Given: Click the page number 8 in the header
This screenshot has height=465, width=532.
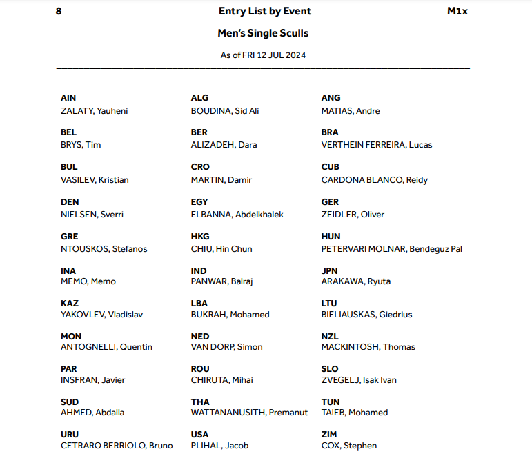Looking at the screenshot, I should tap(59, 11).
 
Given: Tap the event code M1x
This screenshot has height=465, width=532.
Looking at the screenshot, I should tap(457, 11).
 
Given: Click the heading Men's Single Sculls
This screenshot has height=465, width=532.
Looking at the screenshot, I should tap(263, 33).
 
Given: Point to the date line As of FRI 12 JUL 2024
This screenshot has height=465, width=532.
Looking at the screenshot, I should tap(263, 55).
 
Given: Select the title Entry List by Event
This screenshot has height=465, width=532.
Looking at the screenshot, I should tap(264, 11).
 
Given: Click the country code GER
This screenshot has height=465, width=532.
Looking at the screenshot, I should tap(330, 201).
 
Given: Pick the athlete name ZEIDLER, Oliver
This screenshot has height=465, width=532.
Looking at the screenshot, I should tap(353, 214).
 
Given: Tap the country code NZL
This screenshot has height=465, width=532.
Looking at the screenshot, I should tap(330, 336).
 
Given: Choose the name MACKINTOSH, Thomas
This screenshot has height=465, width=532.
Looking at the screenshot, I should tap(368, 347).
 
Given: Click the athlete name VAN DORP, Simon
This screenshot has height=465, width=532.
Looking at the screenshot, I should tap(226, 347).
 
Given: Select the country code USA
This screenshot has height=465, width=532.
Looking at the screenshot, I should tap(199, 435).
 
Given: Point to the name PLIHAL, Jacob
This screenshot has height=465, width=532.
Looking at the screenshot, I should tap(219, 446).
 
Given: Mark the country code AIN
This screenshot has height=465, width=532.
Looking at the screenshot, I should tap(68, 98).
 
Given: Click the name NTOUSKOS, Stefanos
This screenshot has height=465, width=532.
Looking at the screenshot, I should tap(104, 248).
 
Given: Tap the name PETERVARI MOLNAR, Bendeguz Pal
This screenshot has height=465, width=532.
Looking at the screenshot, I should tap(391, 248).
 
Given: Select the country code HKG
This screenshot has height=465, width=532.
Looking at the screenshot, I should tap(200, 236).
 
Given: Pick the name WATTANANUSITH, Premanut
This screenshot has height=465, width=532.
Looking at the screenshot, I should tap(250, 413).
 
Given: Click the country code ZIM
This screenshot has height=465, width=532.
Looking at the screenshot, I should tap(329, 435).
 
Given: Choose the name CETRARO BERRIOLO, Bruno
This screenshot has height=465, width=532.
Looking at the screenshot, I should tap(117, 446).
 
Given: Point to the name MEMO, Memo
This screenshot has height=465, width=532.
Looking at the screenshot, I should tap(88, 281).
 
